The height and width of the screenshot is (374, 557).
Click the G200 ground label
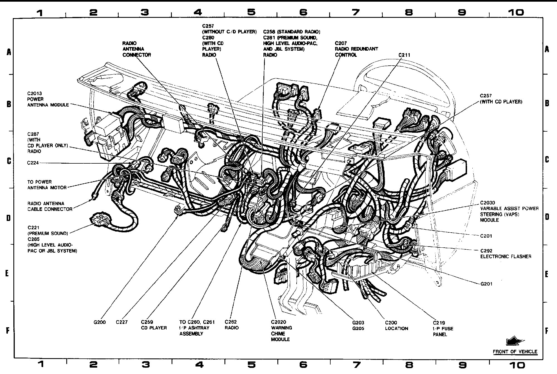tap(99, 322)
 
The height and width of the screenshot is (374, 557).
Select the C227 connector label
tap(122, 322)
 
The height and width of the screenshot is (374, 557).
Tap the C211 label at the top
tap(404, 55)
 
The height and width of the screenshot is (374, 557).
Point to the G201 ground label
tap(486, 284)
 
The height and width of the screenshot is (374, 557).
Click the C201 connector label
tap(486, 236)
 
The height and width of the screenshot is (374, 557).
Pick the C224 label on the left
tap(33, 163)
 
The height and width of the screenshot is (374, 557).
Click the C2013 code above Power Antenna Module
tap(35, 93)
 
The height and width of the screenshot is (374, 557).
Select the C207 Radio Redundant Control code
tap(341, 43)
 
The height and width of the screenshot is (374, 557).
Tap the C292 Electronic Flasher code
tap(486, 251)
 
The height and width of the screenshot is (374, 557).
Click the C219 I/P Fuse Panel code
tap(439, 323)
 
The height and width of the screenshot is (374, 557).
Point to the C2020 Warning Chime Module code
tap(278, 322)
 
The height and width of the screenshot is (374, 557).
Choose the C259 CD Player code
tap(147, 322)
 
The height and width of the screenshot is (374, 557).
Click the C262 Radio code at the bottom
tap(231, 322)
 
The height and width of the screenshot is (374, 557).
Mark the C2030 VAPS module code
tap(488, 203)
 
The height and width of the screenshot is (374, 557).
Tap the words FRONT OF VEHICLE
tap(515, 351)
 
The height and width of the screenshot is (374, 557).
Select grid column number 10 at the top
tap(516, 12)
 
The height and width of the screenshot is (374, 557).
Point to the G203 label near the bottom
tap(358, 323)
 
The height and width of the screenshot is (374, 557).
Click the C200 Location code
tap(391, 323)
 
